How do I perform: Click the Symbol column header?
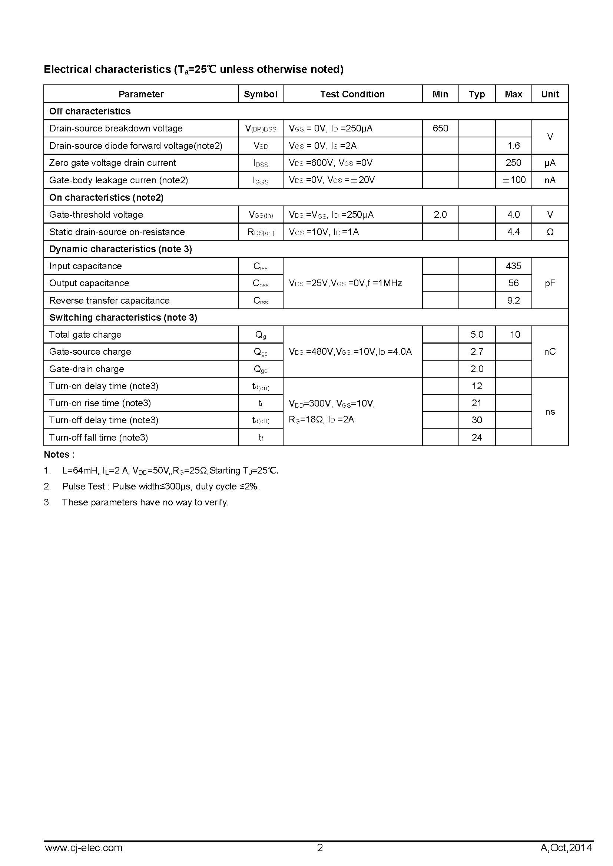pos(261,94)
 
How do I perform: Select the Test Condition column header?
pos(352,94)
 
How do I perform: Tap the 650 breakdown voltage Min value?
pos(440,128)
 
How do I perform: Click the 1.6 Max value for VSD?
pos(513,146)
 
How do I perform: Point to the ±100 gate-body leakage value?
pos(514,180)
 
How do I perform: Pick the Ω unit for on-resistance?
pos(550,232)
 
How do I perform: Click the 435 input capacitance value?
pos(513,266)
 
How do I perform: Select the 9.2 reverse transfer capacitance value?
pos(513,300)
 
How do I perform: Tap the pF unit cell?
pos(550,283)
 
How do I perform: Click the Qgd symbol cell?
pos(261,369)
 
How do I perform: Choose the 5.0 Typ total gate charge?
pos(477,335)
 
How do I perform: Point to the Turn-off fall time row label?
pos(99,438)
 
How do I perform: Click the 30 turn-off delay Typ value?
pos(477,420)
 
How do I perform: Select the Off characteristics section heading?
pos(90,111)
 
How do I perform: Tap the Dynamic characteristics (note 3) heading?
pos(120,249)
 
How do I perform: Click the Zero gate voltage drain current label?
pos(113,163)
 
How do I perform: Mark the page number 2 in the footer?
pos(320,848)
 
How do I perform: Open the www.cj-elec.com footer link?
pos(83,848)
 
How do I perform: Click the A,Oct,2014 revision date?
pos(566,848)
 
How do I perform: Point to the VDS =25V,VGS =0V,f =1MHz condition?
pos(345,283)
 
